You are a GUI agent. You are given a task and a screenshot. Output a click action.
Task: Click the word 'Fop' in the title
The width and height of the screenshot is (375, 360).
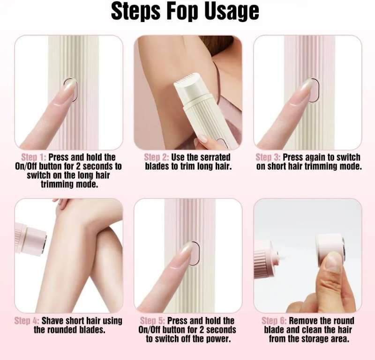click(182, 11)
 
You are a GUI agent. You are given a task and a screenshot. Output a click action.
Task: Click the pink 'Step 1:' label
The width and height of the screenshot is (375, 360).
click(33, 157)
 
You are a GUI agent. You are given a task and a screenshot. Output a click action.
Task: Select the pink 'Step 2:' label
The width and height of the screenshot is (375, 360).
click(156, 157)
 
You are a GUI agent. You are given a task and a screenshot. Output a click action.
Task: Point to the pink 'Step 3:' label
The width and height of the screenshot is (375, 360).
click(268, 157)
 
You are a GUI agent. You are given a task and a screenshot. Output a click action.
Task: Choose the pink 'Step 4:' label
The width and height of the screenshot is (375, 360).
click(27, 321)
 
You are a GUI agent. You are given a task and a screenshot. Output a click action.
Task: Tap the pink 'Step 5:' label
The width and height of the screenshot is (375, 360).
click(152, 321)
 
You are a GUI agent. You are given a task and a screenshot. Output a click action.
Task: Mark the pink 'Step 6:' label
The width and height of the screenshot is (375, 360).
click(274, 321)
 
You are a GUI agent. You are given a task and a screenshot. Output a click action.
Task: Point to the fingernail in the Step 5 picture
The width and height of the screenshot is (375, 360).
click(186, 249)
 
